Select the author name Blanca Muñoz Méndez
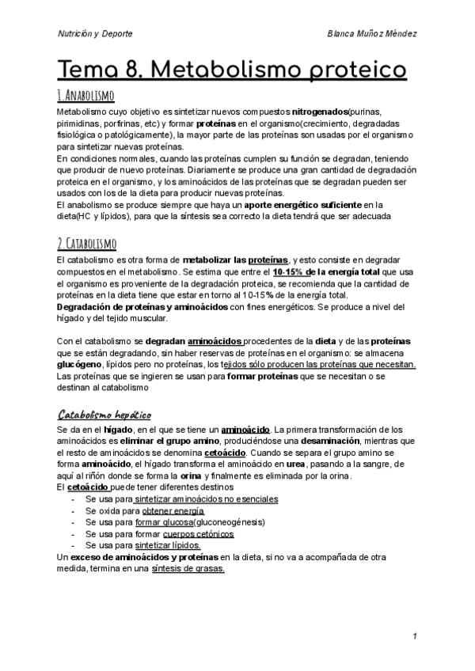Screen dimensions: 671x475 372,34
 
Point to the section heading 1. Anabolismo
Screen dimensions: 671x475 86,96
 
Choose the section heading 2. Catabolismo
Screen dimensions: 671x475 88,243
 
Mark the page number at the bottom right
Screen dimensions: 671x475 415,636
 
